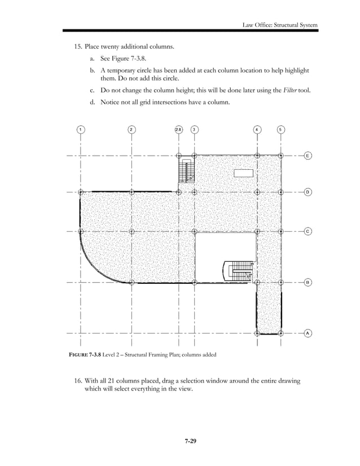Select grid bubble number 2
pos(131,129)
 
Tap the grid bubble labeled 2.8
pos(178,129)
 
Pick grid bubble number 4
pos(257,129)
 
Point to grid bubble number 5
pos(280,129)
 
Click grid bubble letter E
pos(308,155)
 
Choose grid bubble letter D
pos(308,192)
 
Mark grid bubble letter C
pos(308,231)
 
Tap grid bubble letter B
pos(308,282)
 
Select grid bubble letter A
pos(308,333)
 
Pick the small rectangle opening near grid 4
pos(244,173)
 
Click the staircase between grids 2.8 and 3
pos(186,170)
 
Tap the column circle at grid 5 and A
pos(280,333)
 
